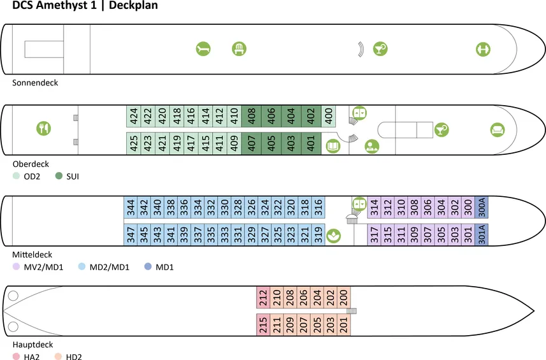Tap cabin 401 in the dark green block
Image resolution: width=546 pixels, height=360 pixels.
click(x=311, y=143)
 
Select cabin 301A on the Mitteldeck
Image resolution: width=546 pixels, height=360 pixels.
click(x=482, y=234)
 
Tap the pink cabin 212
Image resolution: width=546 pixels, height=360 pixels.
click(x=262, y=298)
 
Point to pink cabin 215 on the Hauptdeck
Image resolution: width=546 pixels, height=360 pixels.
click(x=262, y=324)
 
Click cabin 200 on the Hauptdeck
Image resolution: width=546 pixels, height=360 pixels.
click(x=344, y=298)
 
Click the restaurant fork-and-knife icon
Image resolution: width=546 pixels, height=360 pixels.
click(x=43, y=128)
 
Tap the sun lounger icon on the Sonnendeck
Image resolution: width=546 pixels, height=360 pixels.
click(x=203, y=48)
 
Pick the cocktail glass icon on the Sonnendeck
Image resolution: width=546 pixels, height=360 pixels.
click(x=380, y=48)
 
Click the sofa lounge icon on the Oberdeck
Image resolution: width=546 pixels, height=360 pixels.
click(x=497, y=130)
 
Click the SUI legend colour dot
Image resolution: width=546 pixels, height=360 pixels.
click(x=59, y=176)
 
